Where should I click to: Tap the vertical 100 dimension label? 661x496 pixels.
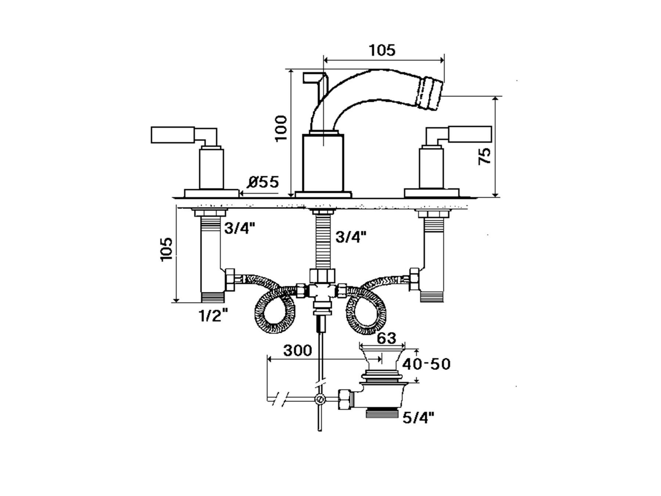pos(281,128)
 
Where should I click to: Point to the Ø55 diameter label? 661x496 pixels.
pos(263,182)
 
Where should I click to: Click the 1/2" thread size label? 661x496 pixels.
pos(213,315)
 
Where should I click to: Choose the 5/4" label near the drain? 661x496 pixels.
pos(418,417)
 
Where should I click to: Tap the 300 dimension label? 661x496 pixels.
pos(297,351)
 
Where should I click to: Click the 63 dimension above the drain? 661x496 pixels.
pos(387,338)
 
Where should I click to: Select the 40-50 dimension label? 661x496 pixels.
pos(426,364)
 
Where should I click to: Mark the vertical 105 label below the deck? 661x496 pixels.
pos(167,249)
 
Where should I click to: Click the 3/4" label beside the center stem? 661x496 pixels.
pos(351,237)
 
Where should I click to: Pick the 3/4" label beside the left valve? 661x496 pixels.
pos(239,229)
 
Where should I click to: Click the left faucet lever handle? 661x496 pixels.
pos(173,134)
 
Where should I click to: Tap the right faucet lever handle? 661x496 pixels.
pos(470,134)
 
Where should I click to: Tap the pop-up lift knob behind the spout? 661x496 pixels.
pos(314,78)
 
